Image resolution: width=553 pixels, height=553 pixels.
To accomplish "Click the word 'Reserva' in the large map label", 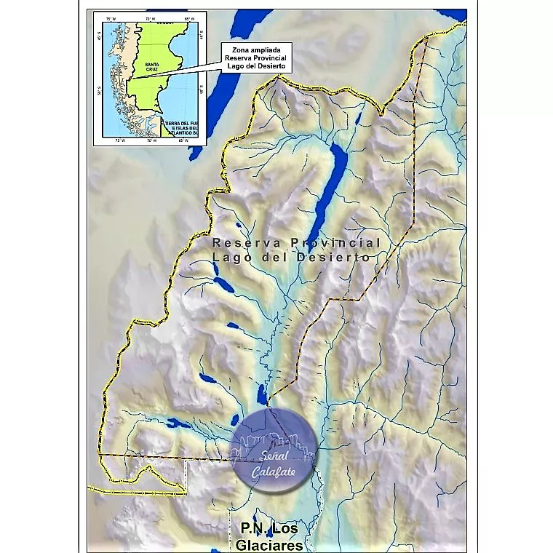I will pos(242,242).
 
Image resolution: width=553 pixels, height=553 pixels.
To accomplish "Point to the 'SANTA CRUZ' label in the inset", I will pos(152,66).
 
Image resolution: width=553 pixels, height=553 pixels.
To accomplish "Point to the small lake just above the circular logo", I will pos(260,396).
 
